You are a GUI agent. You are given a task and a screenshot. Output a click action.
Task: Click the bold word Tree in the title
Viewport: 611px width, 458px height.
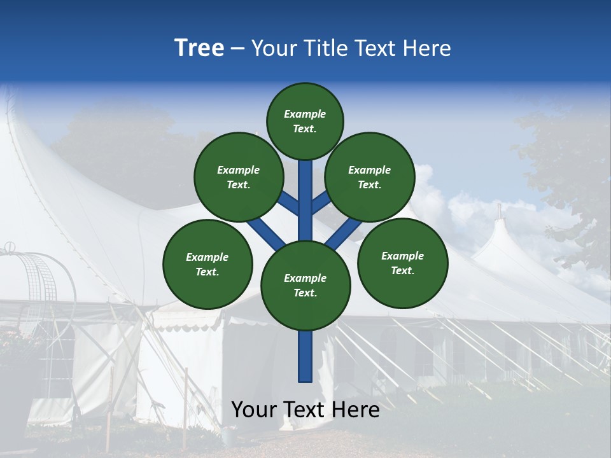point(199,48)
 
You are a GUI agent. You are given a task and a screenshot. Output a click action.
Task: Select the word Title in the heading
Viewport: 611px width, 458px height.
point(326,48)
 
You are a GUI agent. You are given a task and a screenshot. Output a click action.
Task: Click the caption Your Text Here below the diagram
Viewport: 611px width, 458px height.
point(305,410)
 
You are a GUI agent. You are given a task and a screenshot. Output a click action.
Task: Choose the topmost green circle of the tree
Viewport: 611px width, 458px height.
point(305,121)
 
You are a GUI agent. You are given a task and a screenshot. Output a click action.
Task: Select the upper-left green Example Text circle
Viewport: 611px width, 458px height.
point(238,177)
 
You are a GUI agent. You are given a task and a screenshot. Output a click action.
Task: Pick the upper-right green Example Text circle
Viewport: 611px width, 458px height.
point(370,177)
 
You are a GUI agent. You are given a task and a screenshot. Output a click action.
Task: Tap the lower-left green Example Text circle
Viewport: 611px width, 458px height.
point(207,264)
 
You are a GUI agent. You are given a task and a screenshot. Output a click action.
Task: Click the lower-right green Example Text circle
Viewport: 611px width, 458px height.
point(402,263)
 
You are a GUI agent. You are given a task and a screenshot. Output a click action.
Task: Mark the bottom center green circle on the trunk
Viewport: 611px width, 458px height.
point(305,285)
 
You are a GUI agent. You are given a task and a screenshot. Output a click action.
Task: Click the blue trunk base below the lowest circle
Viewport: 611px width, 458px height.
point(305,356)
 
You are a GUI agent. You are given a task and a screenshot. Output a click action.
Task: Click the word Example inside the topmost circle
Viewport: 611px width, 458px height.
point(305,114)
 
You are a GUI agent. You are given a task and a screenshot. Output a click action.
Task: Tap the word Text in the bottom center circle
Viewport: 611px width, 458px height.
point(305,293)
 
